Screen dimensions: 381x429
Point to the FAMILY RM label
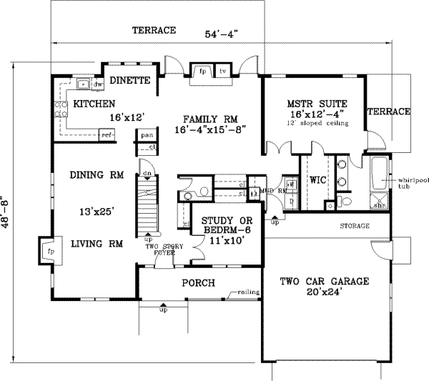(209, 119)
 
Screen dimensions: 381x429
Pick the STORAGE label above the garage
(355, 226)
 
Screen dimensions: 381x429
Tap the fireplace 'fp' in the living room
(49, 252)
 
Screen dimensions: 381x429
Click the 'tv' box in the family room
(222, 71)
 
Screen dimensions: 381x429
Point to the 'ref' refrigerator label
(107, 134)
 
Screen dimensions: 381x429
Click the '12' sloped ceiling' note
(315, 124)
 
